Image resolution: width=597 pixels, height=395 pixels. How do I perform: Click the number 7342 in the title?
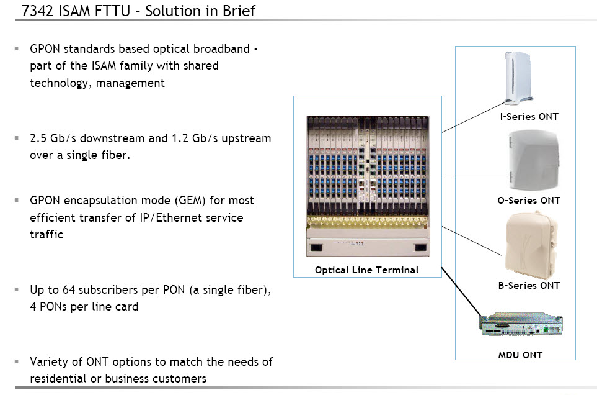[x=37, y=11]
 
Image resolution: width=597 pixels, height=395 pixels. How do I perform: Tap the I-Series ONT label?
[x=529, y=117]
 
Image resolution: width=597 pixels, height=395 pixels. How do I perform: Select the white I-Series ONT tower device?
[x=518, y=77]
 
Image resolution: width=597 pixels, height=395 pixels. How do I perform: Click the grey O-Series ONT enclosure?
[x=534, y=160]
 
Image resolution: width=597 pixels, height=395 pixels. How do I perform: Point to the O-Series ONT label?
[x=529, y=201]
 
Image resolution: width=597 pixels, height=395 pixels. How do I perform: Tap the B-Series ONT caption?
[x=529, y=286]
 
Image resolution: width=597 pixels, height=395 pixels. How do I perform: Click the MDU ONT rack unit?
[x=521, y=324]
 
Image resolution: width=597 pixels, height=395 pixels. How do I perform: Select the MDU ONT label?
[x=520, y=355]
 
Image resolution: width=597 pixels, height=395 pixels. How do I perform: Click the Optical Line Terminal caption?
[x=366, y=270]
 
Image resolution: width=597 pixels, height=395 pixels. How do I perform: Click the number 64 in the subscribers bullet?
[x=69, y=290]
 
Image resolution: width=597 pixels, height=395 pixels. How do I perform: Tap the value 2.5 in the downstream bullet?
[x=38, y=138]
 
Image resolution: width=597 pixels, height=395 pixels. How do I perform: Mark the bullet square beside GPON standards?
[x=17, y=48]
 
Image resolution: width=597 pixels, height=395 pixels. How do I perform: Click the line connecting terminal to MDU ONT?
[x=462, y=292]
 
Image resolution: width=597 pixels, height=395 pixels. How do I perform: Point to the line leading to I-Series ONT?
[x=474, y=117]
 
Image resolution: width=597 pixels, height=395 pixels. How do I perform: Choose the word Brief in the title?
[x=239, y=11]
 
